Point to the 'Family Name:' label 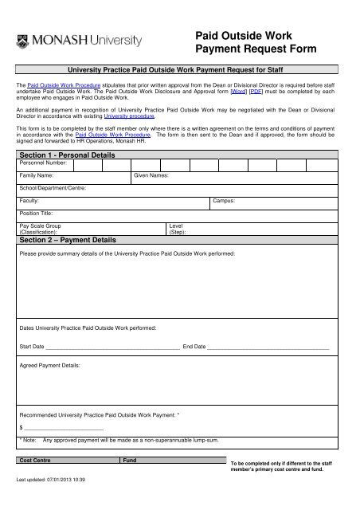(x=37, y=174)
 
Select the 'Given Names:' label (x=151, y=174)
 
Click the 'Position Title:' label (x=38, y=214)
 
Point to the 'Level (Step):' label (x=178, y=229)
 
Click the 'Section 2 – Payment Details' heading (x=67, y=239)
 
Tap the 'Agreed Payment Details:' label (x=49, y=365)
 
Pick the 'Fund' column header (x=129, y=462)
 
